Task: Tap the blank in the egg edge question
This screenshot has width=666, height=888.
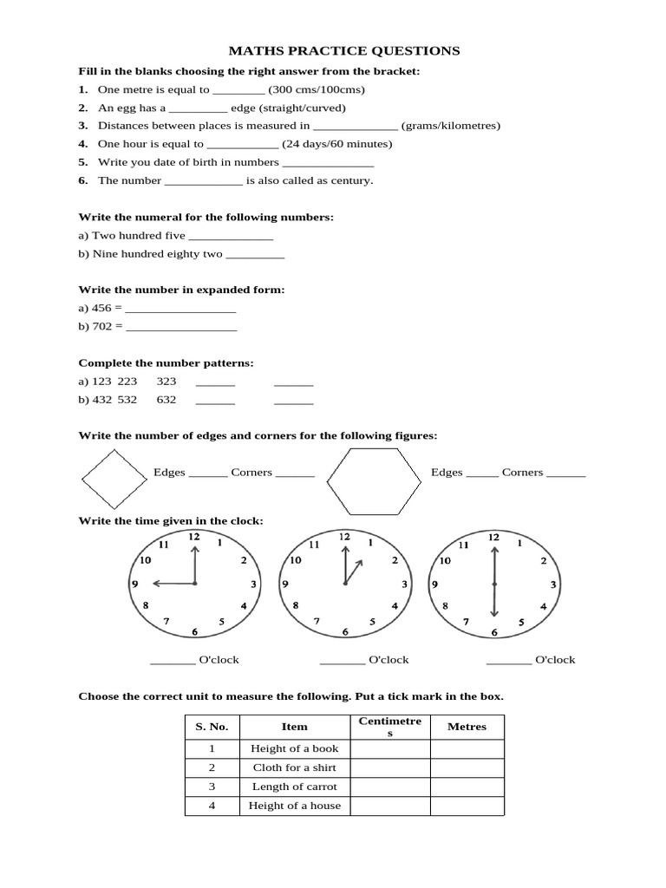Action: tap(198, 108)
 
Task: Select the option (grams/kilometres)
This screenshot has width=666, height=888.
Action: tap(451, 126)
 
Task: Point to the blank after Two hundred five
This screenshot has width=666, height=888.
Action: tap(231, 236)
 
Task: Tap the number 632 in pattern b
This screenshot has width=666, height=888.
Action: tap(166, 400)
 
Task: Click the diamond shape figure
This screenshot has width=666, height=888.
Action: tap(113, 480)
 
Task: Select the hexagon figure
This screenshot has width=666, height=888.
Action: tap(373, 482)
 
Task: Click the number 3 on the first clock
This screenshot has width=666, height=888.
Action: tap(253, 584)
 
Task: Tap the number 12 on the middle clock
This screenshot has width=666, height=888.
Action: tap(344, 538)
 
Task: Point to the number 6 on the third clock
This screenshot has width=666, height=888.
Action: tap(493, 632)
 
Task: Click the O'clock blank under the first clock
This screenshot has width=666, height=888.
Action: tap(173, 661)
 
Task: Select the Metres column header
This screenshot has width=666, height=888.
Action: tap(467, 727)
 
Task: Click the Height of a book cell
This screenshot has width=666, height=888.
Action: tap(295, 748)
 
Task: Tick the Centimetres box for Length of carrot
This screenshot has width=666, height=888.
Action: tap(390, 787)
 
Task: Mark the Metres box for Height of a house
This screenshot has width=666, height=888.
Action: tap(467, 806)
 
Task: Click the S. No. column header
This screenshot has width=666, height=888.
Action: tap(212, 727)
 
